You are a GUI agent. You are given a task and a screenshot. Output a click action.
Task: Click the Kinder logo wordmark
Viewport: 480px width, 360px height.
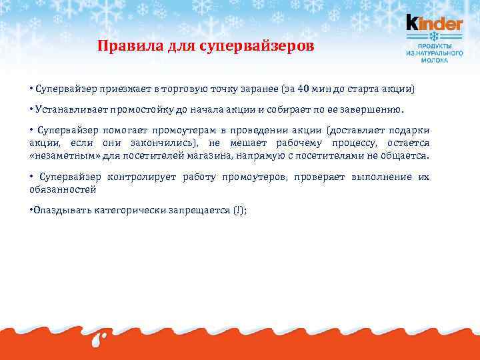click(434, 24)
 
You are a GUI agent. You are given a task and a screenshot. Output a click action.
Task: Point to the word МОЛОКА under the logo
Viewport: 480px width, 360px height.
click(434, 59)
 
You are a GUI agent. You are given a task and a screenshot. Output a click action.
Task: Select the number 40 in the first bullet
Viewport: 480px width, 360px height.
click(303, 89)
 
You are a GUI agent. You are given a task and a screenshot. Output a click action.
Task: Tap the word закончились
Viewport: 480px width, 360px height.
click(167, 143)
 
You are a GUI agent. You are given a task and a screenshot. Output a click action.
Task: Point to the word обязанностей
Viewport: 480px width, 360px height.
click(63, 189)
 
